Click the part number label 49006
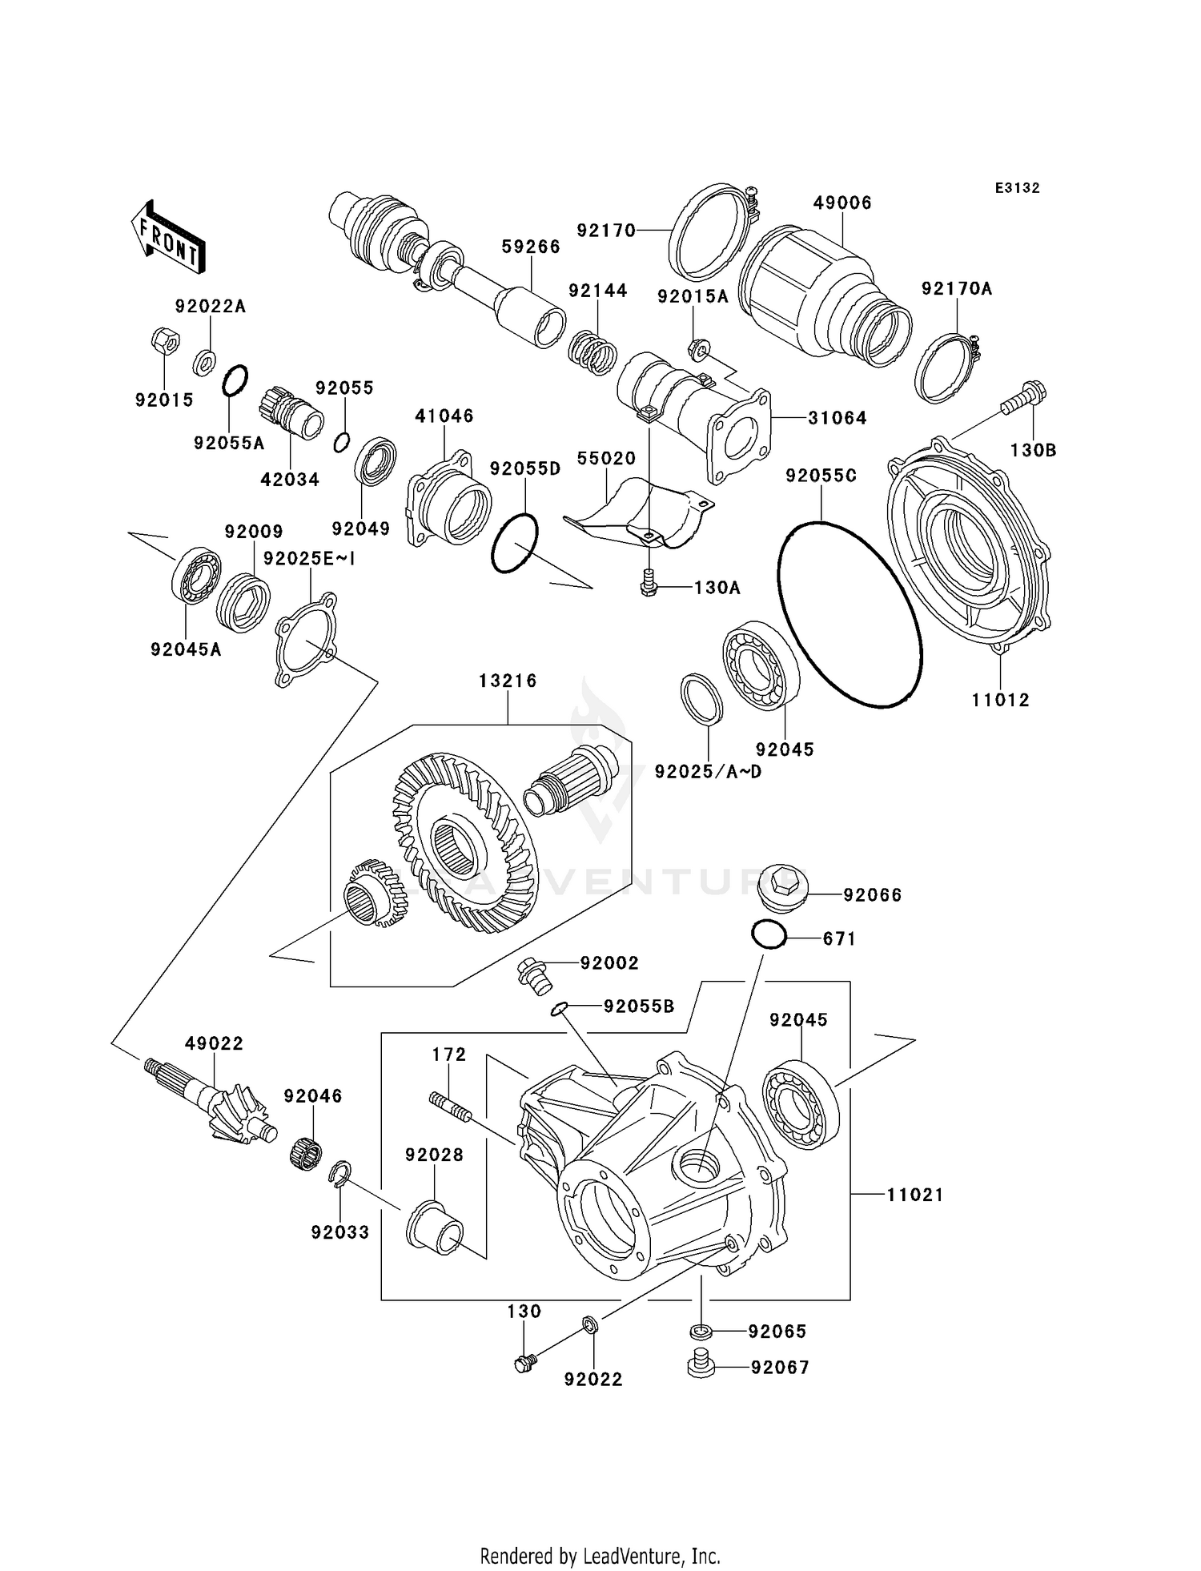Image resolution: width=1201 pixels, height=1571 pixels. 842,203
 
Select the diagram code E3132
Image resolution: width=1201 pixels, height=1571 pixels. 1017,188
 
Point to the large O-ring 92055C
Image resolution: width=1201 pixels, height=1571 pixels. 849,614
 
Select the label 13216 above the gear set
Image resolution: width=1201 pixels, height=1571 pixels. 508,681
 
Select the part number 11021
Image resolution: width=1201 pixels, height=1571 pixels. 915,1195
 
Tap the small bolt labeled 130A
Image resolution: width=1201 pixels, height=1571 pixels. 649,585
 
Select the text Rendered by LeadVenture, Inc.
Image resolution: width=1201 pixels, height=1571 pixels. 600,1556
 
